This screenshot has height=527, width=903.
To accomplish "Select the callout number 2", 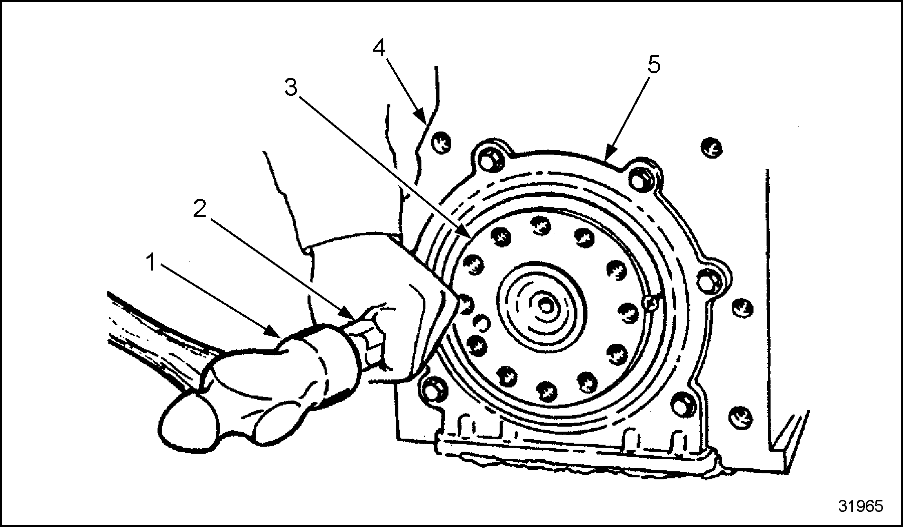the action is [200, 209].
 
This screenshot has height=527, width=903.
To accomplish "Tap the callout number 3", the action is [291, 87].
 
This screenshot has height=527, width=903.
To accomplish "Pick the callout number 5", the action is [654, 65].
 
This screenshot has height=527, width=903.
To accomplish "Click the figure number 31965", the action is [860, 505].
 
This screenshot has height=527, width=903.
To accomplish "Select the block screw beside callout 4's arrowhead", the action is [441, 141].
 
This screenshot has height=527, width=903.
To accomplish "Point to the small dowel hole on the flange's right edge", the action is [651, 302].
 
